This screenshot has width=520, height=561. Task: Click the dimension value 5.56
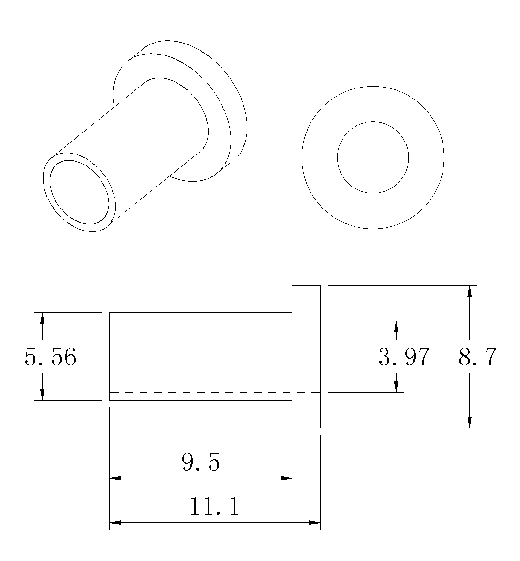point(50,357)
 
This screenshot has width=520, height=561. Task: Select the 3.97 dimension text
point(404,357)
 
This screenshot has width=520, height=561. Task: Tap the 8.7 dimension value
point(477,357)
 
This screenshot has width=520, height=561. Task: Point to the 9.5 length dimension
point(200,462)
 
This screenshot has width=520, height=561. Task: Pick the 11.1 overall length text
point(214,506)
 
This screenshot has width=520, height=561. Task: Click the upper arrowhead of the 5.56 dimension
point(42,318)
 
